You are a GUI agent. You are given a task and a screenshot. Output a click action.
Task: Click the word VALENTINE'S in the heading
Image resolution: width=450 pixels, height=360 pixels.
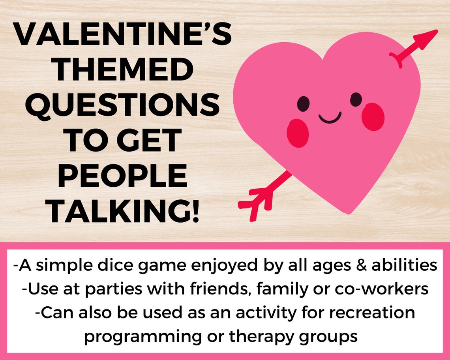click(x=122, y=34)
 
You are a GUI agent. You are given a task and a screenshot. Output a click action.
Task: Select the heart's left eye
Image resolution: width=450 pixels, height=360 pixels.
click(x=303, y=103)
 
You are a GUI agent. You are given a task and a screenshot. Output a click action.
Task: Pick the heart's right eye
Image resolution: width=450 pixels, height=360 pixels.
click(x=356, y=99)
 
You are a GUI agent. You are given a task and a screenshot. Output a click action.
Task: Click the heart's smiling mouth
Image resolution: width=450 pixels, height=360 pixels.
click(x=330, y=118)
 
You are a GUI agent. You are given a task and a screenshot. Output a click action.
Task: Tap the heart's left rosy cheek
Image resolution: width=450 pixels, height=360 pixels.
click(x=298, y=133)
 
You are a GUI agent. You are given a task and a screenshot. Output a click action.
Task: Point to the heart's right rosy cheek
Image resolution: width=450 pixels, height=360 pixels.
click(x=373, y=117)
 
